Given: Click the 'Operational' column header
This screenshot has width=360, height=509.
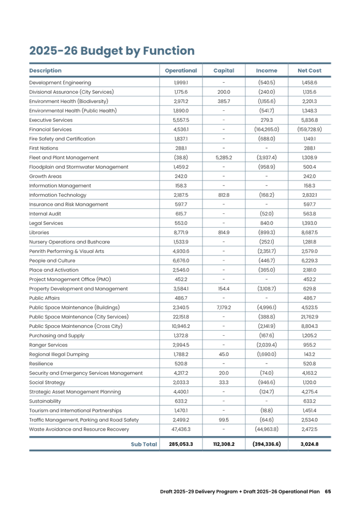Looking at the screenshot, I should (180, 71).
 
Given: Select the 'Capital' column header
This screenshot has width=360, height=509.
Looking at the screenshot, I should (223, 71).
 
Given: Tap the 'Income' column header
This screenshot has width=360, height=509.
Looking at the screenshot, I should (267, 71).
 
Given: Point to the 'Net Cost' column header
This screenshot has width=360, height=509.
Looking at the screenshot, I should (309, 71).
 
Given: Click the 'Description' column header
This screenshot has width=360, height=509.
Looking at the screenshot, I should (45, 71).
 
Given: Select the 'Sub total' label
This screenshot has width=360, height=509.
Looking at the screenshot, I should (144, 443).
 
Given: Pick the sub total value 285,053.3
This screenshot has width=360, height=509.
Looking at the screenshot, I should (180, 444).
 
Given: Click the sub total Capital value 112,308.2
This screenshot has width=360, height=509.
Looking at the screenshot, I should (223, 444).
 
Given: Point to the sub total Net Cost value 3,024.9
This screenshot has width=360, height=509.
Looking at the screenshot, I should (310, 444).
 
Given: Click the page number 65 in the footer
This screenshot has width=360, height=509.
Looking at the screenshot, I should (328, 491).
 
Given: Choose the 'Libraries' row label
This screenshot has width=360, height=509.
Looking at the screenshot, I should (39, 232).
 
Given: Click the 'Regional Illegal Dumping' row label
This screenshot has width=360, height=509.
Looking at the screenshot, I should (54, 354).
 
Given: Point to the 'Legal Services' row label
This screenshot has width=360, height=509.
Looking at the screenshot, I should (46, 223).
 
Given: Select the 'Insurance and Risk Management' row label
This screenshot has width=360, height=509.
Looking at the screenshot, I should (61, 204).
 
